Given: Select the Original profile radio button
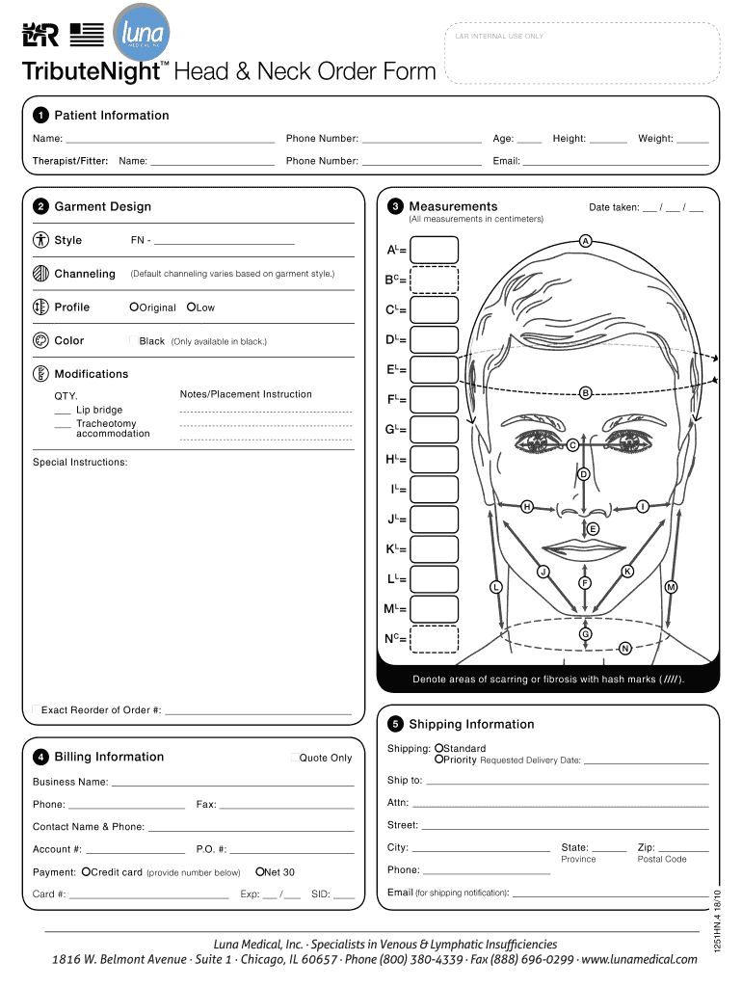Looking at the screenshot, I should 134,307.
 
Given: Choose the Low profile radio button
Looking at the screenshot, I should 191,307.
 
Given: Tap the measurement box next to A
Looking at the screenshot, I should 435,250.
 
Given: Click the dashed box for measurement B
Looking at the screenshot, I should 435,280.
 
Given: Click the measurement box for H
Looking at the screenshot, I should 435,459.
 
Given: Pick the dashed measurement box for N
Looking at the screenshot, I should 435,638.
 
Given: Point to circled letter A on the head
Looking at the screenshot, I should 584,240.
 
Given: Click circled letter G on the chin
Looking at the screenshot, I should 584,633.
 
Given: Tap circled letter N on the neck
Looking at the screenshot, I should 625,648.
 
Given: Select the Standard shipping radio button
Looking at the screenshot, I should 438,749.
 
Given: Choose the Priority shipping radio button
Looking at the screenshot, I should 438,760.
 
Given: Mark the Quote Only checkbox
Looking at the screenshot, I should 294,758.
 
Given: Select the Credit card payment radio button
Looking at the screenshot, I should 86,872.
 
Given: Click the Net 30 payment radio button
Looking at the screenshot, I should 260,872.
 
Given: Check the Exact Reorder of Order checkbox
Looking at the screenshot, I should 36,710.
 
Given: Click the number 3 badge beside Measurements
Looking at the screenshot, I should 395,207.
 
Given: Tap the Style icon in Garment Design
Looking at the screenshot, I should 40,240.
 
